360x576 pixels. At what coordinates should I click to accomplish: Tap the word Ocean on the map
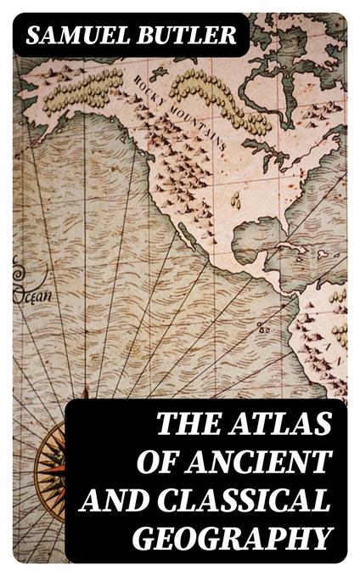pyautogui.click(x=31, y=296)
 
